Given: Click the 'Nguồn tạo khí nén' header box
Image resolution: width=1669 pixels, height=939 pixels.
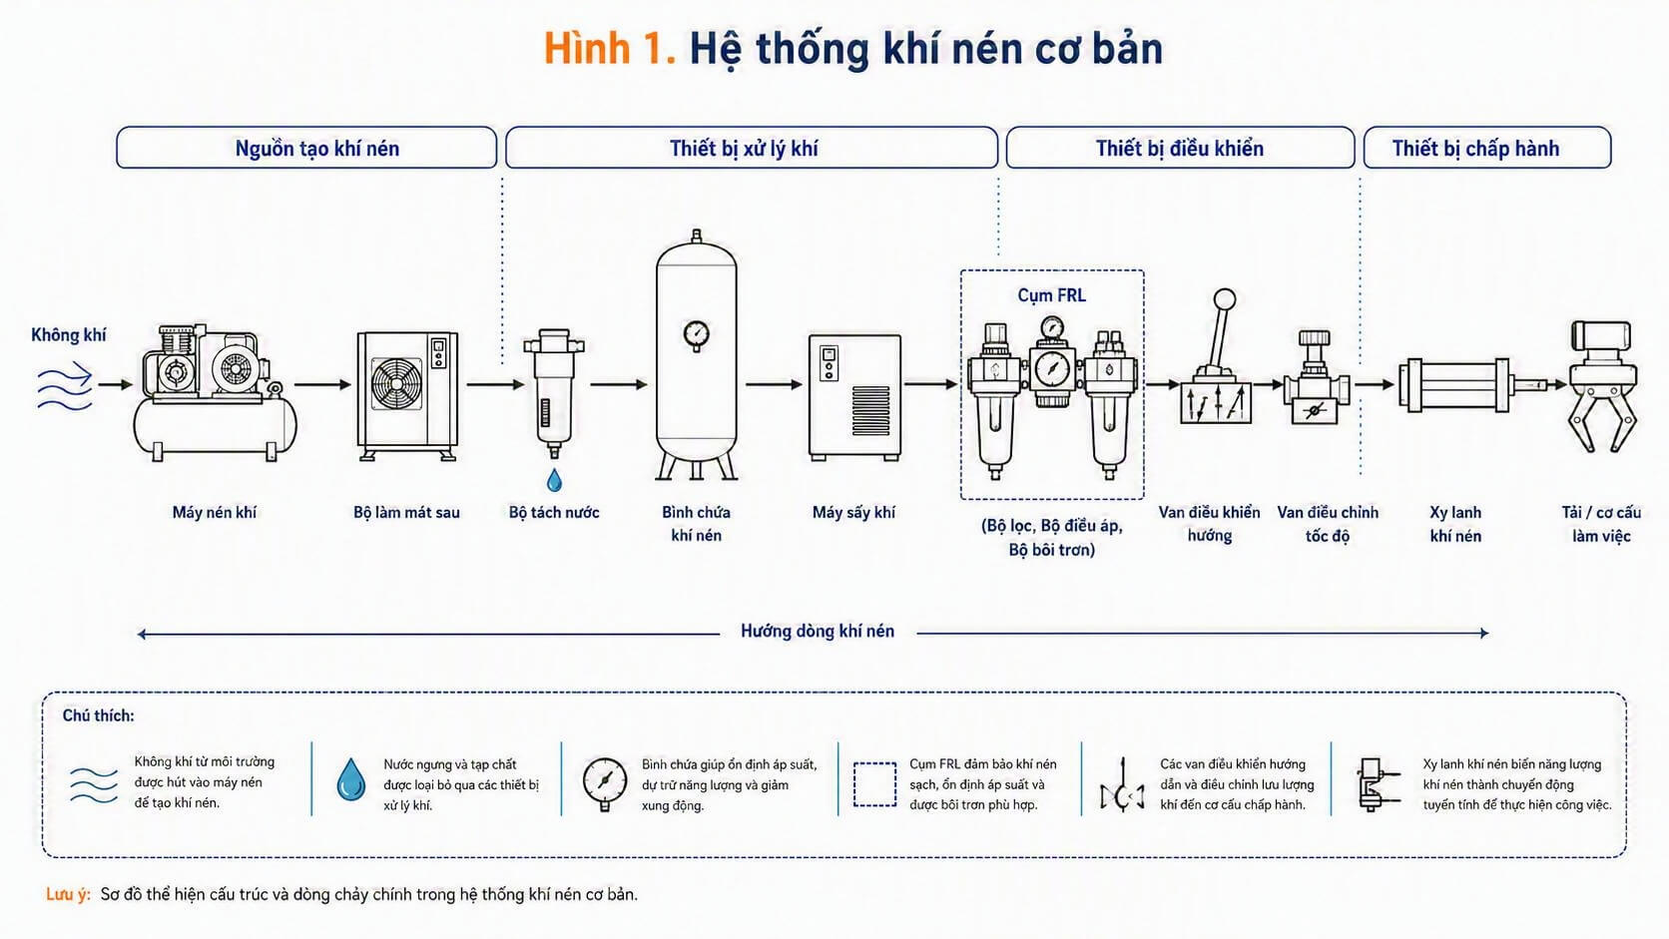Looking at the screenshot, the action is tap(306, 148).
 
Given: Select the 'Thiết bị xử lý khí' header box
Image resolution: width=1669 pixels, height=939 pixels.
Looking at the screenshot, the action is tap(751, 148).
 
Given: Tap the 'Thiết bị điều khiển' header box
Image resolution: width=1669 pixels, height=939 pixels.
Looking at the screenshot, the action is tap(1180, 148).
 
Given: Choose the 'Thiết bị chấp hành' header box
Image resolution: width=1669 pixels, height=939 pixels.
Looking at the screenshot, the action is tap(1487, 148).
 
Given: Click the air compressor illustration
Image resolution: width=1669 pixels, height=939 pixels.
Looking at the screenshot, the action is tap(215, 392).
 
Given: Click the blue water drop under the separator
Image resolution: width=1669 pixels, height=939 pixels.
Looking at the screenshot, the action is tap(554, 480).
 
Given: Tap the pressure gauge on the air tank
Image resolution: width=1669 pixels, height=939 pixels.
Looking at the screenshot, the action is tap(696, 335).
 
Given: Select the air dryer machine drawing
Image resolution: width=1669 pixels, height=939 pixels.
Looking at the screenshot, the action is tap(854, 397).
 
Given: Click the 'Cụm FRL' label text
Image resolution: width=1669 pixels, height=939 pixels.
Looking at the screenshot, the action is tap(1051, 295).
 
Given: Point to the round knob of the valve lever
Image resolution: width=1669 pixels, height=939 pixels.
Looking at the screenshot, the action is tap(1224, 299).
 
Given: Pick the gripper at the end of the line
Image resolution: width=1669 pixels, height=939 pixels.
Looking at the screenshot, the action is tap(1602, 387).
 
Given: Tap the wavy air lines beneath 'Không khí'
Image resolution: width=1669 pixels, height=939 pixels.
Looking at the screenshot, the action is tap(65, 389).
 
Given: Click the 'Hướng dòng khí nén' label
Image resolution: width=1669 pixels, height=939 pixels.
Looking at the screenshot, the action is tap(818, 632).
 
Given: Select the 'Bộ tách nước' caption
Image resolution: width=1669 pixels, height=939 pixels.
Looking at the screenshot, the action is tap(554, 512).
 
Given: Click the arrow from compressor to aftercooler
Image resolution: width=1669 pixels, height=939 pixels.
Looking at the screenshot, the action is tap(322, 385).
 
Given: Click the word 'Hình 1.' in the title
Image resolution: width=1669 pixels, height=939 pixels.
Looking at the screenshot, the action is tap(610, 49).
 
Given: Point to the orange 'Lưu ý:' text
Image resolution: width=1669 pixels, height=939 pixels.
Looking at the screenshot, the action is tap(68, 894).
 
